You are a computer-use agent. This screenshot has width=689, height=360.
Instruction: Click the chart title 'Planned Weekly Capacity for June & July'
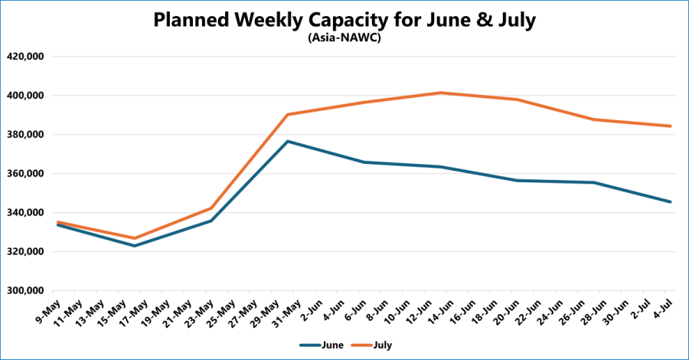point(344,20)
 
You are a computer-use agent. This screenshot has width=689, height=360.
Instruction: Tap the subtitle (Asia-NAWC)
point(344,38)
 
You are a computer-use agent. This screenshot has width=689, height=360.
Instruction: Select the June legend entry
point(322,345)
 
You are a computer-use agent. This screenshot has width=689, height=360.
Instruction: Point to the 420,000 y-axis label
point(26,57)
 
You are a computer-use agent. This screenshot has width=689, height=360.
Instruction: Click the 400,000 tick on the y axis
point(26,96)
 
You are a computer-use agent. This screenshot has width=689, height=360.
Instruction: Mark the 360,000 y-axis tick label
point(26,174)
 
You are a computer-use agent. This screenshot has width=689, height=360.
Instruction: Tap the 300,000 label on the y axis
point(26,291)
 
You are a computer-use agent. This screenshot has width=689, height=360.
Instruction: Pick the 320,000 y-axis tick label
point(26,252)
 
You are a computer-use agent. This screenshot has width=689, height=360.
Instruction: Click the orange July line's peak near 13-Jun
point(440,93)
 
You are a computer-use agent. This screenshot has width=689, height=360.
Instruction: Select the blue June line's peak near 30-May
point(288,141)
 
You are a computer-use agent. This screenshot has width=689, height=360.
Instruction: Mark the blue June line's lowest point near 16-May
point(135,246)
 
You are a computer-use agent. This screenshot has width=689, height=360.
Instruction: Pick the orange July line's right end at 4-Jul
point(671,126)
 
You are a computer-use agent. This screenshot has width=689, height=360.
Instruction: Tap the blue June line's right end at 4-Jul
point(671,201)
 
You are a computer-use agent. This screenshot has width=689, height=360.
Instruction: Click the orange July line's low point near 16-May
point(135,238)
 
